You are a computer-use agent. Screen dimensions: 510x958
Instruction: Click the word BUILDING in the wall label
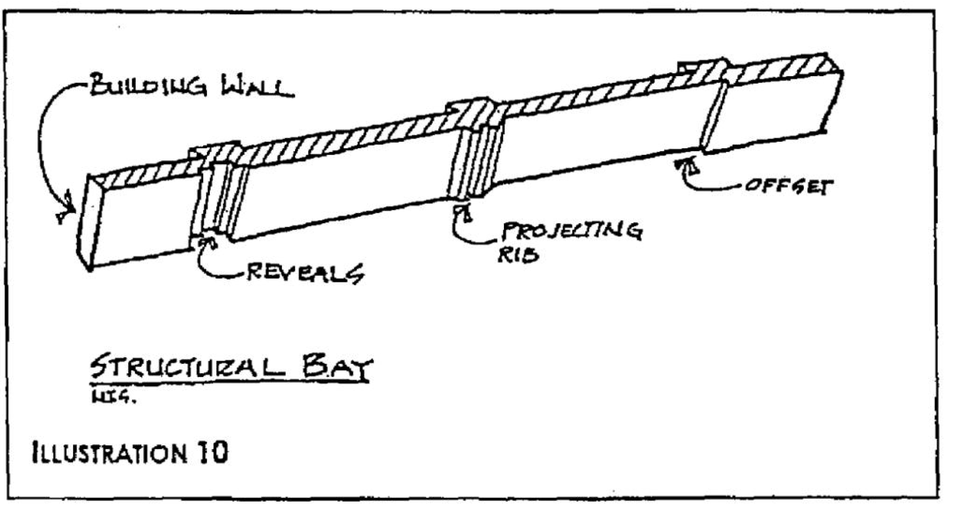148,86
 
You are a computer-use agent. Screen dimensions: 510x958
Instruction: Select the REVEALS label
305,273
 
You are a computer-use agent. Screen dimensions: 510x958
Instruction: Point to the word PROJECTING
572,231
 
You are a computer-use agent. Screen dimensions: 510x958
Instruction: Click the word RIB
518,255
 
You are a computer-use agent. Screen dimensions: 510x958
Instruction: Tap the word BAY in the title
337,368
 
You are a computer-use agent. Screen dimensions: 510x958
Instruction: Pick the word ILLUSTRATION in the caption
109,453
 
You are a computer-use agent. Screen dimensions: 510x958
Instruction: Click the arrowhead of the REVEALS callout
207,242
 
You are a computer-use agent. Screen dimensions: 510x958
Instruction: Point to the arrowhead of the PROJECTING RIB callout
464,212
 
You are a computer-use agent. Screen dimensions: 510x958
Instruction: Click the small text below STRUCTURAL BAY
114,397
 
